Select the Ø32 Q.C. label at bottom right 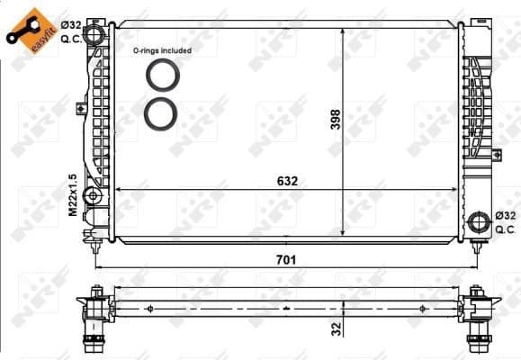[507, 222]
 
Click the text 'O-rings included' [162, 51]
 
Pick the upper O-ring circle [163, 76]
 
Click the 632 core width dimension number [287, 181]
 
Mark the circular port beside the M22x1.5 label [92, 195]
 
